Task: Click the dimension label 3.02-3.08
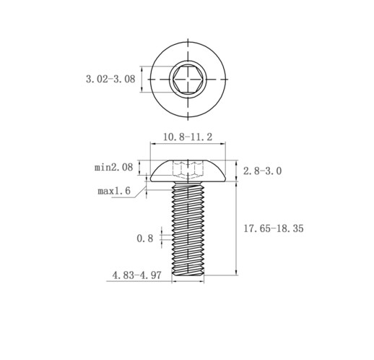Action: click(110, 79)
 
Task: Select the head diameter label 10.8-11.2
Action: click(188, 137)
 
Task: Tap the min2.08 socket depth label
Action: click(113, 167)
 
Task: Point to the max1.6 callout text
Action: click(114, 191)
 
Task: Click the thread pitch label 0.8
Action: click(145, 239)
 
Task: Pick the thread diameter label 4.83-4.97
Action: click(136, 275)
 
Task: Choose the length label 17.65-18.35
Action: click(274, 228)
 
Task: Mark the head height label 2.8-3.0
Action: click(262, 171)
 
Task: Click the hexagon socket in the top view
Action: click(188, 79)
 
